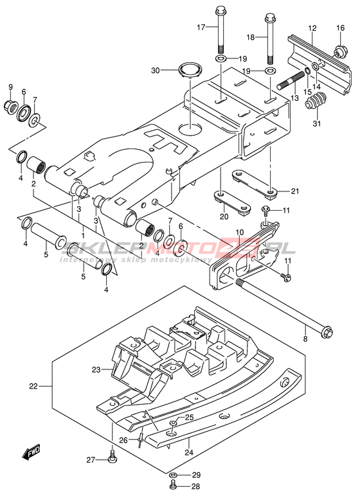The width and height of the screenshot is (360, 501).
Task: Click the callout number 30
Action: [x=156, y=70]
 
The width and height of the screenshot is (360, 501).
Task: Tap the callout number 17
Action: [x=201, y=28]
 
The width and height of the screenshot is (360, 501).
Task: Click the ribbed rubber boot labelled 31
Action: [x=316, y=101]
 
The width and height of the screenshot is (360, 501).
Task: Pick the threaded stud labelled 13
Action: [x=291, y=81]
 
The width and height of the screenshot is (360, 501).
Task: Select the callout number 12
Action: [x=312, y=28]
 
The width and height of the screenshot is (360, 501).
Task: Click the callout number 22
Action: [x=33, y=386]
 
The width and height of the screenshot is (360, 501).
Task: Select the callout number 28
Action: [x=195, y=486]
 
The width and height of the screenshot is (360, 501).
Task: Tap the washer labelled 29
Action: [x=172, y=475]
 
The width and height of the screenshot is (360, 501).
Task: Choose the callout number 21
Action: [x=294, y=191]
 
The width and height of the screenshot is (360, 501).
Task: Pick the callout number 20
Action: [x=224, y=216]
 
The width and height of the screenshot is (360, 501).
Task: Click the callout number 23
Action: [x=96, y=370]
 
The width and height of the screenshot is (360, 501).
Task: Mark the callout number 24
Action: [x=189, y=452]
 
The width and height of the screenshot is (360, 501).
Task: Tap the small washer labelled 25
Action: [x=173, y=423]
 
